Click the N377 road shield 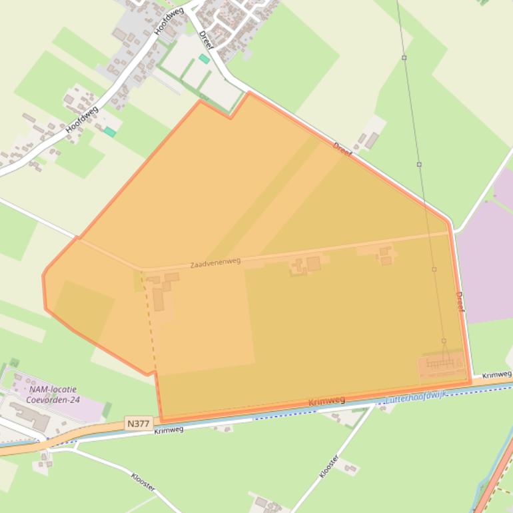[139, 423]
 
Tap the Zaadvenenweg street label [215, 263]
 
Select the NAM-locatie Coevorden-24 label [53, 394]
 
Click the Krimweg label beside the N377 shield [169, 430]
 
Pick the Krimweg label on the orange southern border [327, 401]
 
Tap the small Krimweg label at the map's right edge [497, 375]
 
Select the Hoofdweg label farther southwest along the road [82, 119]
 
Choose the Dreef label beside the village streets [206, 40]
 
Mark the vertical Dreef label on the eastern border [460, 302]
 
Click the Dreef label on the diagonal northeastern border [342, 150]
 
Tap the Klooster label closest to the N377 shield [143, 482]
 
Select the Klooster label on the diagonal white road [329, 466]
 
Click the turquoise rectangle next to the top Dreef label [205, 59]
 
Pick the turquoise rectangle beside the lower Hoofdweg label [109, 132]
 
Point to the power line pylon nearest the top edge [404, 58]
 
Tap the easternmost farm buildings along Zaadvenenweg [385, 255]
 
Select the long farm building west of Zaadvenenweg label [158, 299]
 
